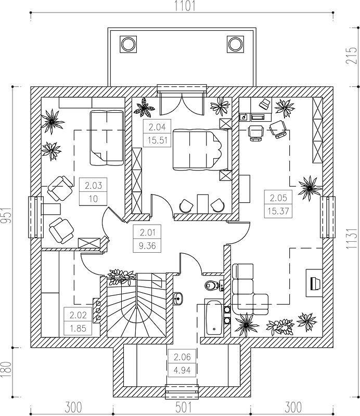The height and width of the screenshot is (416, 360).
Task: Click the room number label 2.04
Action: [x=157, y=127]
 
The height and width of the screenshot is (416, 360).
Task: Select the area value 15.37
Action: [x=278, y=211]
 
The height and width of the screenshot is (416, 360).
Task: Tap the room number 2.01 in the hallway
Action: [x=147, y=232]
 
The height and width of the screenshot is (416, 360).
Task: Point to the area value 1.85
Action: [x=78, y=329]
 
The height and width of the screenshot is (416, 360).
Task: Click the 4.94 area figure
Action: [x=182, y=370]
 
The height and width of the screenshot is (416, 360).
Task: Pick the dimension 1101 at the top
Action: [x=185, y=6]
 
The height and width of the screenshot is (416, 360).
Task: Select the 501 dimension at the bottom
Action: [x=183, y=407]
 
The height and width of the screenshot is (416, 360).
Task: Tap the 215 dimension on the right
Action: [x=351, y=55]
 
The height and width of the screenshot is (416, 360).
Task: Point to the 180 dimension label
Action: [x=6, y=370]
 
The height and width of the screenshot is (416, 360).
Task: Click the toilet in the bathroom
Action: [x=211, y=285]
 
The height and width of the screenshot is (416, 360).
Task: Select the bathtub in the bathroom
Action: [x=214, y=317]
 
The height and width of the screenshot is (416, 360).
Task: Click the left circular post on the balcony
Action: [x=129, y=44]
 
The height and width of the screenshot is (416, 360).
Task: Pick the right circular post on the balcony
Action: [x=235, y=44]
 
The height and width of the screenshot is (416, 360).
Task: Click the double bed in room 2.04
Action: [x=201, y=149]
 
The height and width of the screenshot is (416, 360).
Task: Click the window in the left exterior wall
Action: [x=35, y=217]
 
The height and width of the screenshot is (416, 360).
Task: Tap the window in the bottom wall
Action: [x=182, y=392]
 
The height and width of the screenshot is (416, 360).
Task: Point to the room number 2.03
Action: [x=94, y=186]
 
